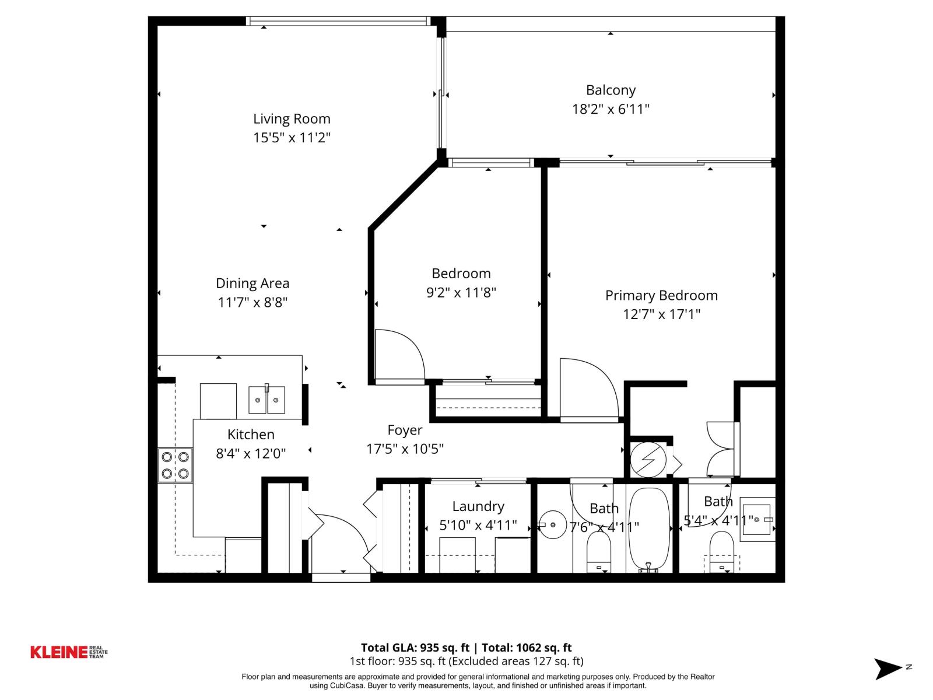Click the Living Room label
point(292,119)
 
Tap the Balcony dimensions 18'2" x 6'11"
point(611,109)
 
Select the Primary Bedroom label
point(661,295)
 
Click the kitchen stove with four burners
point(175,465)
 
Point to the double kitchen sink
point(267,400)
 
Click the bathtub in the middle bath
point(648,528)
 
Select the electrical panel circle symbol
point(648,459)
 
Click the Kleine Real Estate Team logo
point(69,652)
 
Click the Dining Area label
point(252,283)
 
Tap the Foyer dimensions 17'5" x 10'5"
point(405,449)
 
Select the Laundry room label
point(478,506)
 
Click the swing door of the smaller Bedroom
point(399,354)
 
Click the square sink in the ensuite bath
point(757,519)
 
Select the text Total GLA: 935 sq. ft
point(415,647)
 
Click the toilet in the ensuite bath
point(721,551)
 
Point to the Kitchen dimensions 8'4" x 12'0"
point(251,453)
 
